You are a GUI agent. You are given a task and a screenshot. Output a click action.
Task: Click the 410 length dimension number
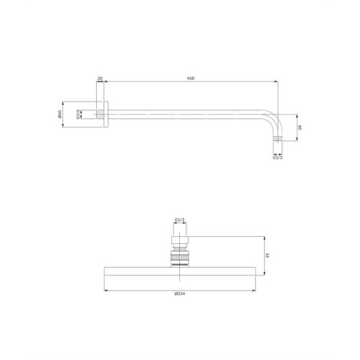190,78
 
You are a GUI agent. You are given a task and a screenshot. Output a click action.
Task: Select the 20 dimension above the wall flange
99,78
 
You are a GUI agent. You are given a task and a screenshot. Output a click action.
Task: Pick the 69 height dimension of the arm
301,126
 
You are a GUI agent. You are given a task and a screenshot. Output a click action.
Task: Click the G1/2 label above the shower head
179,220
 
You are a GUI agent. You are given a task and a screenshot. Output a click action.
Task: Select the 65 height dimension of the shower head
268,255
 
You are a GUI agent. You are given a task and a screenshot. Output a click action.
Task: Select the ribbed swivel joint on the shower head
179,258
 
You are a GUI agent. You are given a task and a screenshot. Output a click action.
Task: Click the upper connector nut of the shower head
179,241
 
